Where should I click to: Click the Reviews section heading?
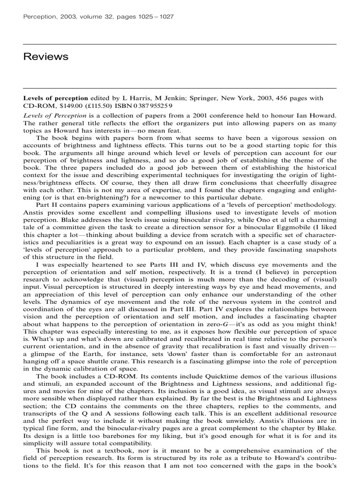46,57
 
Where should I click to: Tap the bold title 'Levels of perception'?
56,98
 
